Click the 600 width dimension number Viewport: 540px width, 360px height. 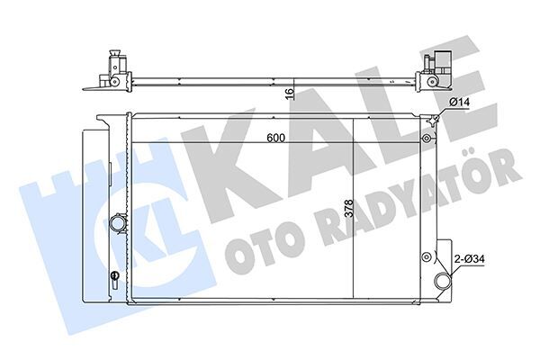276,139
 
